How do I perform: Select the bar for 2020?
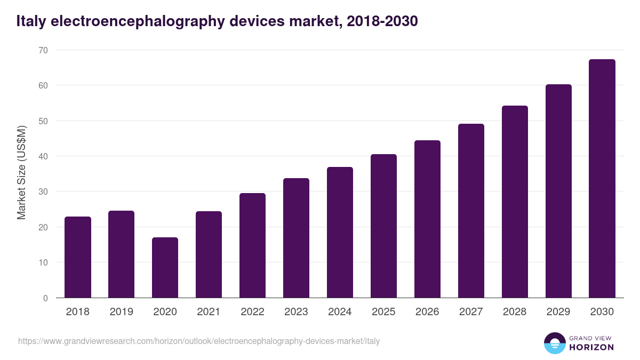coord(165,268)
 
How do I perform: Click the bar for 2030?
coord(602,179)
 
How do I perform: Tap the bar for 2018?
coord(78,257)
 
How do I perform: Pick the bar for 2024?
coord(340,233)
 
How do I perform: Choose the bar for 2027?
coord(471,211)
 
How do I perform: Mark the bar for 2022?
coord(252,245)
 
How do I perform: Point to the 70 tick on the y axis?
coord(43,50)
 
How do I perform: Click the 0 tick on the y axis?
coord(45,298)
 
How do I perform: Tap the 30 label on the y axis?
coord(43,191)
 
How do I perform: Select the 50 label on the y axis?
coord(43,121)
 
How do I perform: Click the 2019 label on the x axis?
coord(121,312)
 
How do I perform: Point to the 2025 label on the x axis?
coord(383,312)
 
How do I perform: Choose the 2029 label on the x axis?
coord(558,312)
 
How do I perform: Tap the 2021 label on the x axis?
coord(209,312)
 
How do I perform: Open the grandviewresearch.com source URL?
coord(199,341)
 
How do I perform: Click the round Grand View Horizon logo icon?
coord(554,343)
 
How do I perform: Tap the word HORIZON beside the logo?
coord(591,347)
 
